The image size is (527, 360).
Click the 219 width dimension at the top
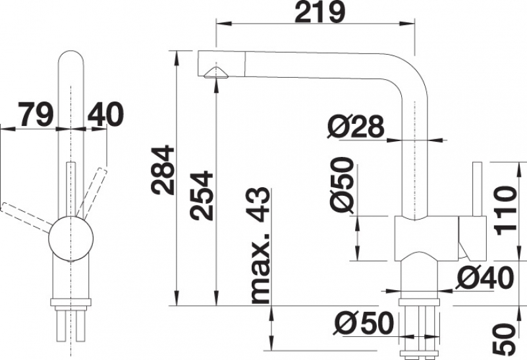click(x=319, y=12)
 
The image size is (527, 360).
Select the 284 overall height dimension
click(x=163, y=170)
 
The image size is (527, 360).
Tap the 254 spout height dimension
click(x=202, y=195)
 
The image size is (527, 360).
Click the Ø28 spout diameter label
click(x=356, y=127)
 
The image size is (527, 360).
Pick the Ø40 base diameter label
click(x=485, y=278)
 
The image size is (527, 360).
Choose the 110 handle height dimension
click(x=505, y=210)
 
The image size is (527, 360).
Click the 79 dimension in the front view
click(x=36, y=114)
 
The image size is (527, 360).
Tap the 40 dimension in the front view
click(x=105, y=114)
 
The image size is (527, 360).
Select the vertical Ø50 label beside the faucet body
click(x=342, y=185)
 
